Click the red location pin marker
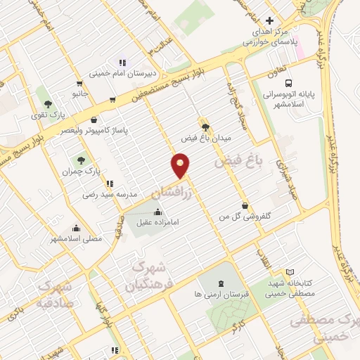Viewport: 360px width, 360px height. (181, 167)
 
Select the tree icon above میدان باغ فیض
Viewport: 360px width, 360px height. (205, 127)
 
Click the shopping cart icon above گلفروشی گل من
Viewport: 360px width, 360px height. (244, 205)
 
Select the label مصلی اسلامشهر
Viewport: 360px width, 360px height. (76, 238)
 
